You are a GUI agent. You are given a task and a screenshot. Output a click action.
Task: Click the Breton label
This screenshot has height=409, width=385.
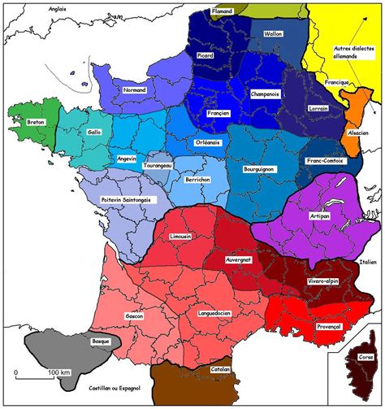[36, 122]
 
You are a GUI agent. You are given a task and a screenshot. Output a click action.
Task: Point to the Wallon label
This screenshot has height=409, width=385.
[272, 34]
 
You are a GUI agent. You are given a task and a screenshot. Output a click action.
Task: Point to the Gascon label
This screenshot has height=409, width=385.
[134, 315]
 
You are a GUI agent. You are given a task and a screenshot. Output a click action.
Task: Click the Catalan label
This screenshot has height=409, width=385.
[220, 370]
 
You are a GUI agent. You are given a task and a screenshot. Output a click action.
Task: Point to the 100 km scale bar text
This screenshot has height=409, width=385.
[59, 372]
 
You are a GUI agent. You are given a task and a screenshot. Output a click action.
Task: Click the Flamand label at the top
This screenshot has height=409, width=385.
[222, 11]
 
